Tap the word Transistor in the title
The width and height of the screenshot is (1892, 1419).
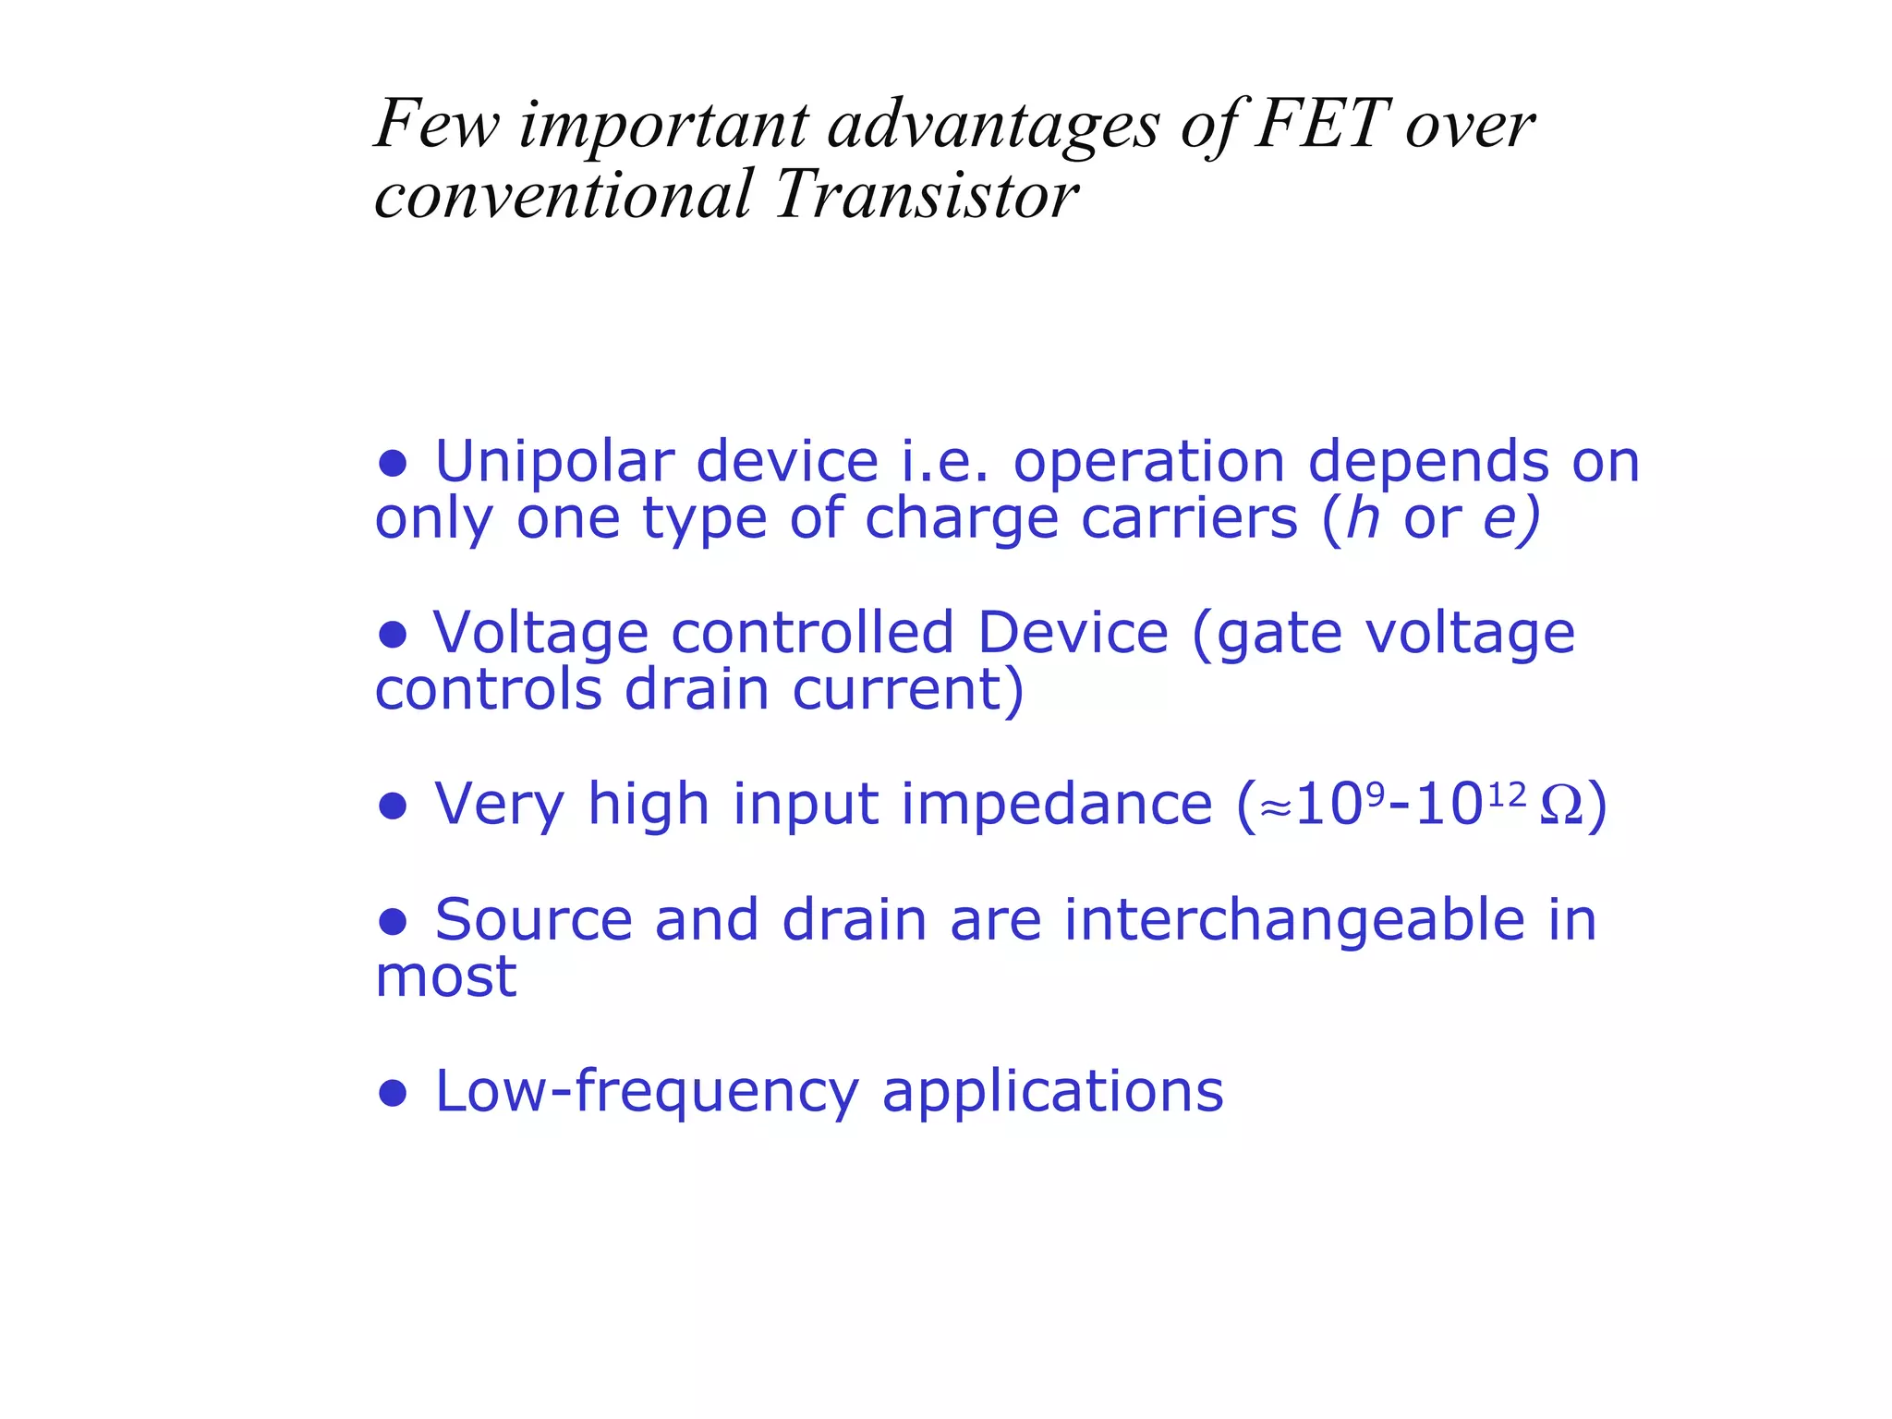click(x=927, y=195)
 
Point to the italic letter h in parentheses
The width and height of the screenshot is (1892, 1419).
click(x=1363, y=517)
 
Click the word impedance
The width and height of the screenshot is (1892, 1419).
click(x=1056, y=804)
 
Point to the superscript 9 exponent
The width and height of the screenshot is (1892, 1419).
click(x=1375, y=793)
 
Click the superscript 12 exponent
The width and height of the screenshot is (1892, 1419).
click(x=1507, y=793)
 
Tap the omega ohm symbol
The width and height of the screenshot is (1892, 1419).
click(x=1560, y=806)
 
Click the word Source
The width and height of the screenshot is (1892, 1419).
click(x=533, y=920)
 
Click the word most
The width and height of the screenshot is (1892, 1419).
click(x=445, y=977)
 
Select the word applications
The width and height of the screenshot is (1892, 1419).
click(x=1052, y=1092)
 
